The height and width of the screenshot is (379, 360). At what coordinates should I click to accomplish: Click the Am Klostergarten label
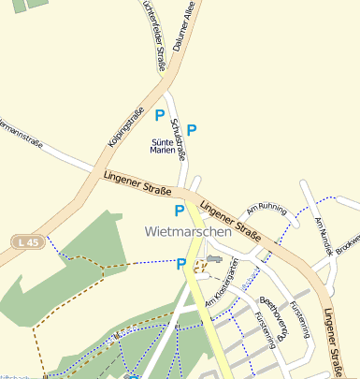pyautogui.click(x=222, y=283)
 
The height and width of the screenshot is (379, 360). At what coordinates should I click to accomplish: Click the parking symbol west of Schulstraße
pyautogui.click(x=160, y=116)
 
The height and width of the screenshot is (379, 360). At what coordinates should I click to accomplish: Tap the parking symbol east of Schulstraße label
pyautogui.click(x=192, y=129)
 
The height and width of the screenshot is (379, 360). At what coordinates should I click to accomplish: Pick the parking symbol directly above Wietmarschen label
pyautogui.click(x=180, y=211)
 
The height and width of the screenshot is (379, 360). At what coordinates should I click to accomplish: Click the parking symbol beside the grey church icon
pyautogui.click(x=182, y=264)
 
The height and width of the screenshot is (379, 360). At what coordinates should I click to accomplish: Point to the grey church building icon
pyautogui.click(x=214, y=258)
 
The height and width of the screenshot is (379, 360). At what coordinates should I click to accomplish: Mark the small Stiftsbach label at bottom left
pyautogui.click(x=14, y=372)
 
